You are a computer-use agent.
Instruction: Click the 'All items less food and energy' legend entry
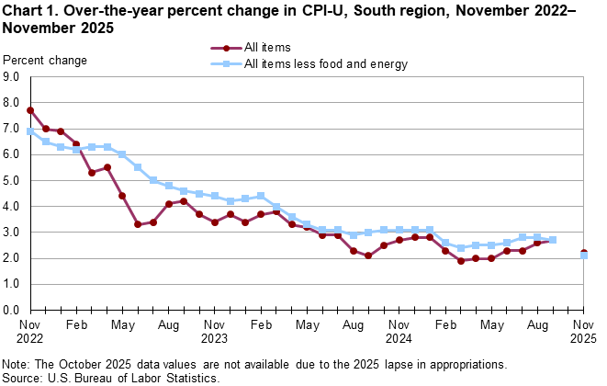tap(326, 64)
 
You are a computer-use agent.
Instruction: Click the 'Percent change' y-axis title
tap(46, 61)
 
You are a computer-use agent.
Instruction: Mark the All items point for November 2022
tap(30, 110)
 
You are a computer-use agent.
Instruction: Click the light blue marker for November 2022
tap(30, 131)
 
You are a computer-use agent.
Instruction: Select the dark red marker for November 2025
tap(584, 253)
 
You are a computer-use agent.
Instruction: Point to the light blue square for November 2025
tap(584, 255)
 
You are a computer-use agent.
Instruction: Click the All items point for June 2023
tap(138, 224)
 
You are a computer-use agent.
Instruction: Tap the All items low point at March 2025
tap(461, 261)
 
